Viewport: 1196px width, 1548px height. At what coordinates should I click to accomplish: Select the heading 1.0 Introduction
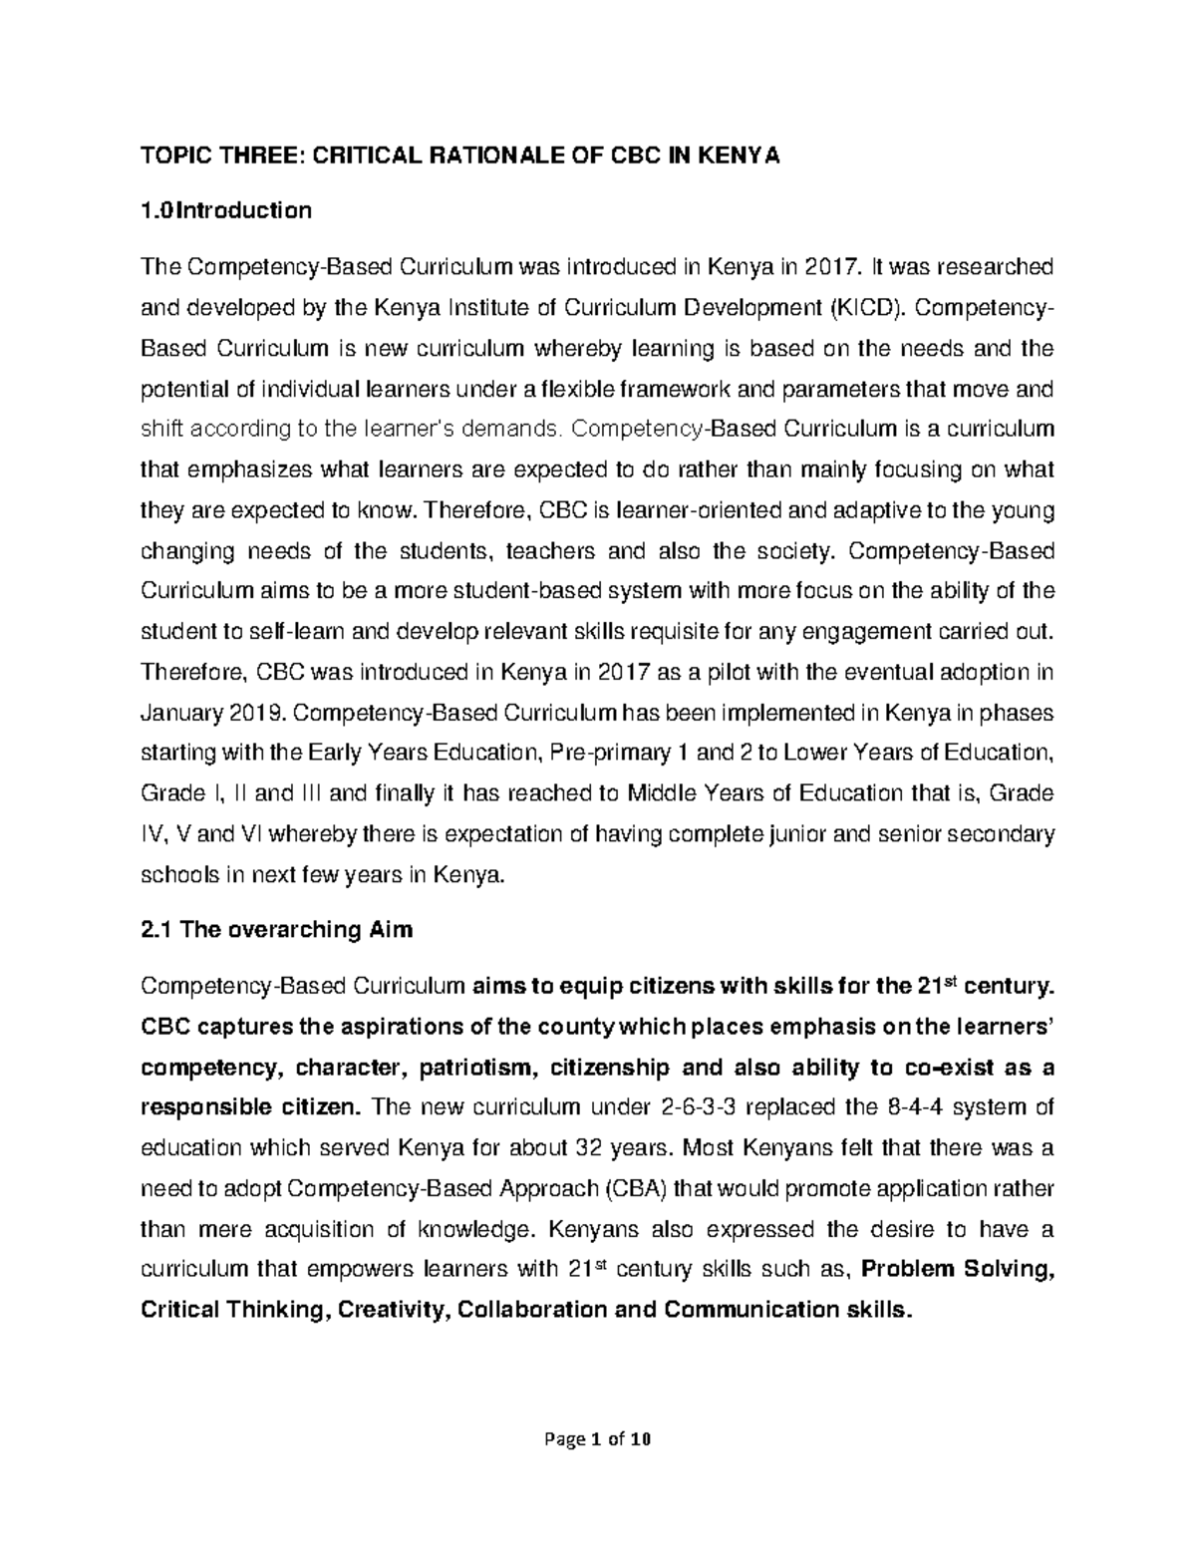[x=226, y=210]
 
